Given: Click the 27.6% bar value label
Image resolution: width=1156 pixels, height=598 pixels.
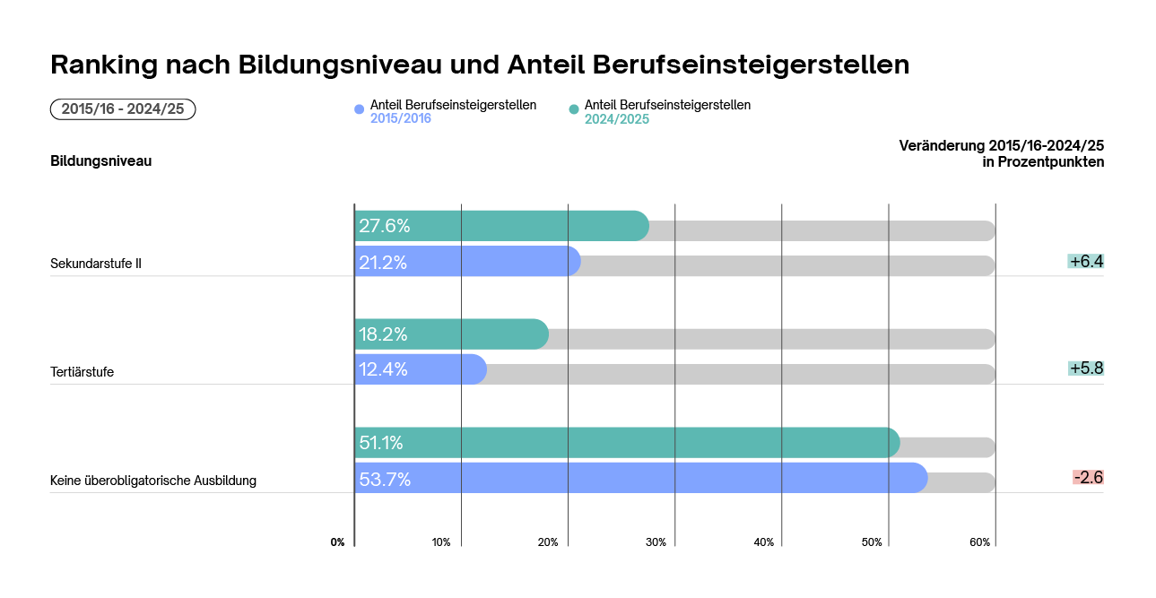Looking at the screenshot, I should (385, 226).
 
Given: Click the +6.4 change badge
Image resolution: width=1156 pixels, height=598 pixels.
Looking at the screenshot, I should (1085, 262).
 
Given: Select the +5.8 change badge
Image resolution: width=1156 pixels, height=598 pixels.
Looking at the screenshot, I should (1085, 368).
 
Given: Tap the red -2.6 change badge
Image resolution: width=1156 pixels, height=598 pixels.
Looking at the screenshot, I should (1088, 477).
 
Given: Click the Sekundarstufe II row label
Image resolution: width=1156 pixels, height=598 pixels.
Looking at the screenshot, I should (96, 264).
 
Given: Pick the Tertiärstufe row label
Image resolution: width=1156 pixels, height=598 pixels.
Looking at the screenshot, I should (82, 372).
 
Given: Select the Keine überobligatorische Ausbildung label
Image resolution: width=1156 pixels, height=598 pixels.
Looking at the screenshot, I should (153, 481).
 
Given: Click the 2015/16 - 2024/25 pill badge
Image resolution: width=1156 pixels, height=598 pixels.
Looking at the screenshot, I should (123, 109).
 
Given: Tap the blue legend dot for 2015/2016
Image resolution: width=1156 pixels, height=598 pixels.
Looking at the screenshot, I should (360, 109).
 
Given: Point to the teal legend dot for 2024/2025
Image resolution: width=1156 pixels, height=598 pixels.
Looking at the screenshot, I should (574, 109).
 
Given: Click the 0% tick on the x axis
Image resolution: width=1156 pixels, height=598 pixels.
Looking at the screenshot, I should (337, 542).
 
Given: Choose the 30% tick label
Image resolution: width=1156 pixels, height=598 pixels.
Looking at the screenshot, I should (656, 542).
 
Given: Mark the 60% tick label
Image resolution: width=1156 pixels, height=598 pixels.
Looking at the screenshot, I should (979, 542).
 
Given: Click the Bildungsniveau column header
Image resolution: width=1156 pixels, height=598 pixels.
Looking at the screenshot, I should (100, 161).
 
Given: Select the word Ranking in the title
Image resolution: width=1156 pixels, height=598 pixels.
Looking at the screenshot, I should (99, 65).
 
